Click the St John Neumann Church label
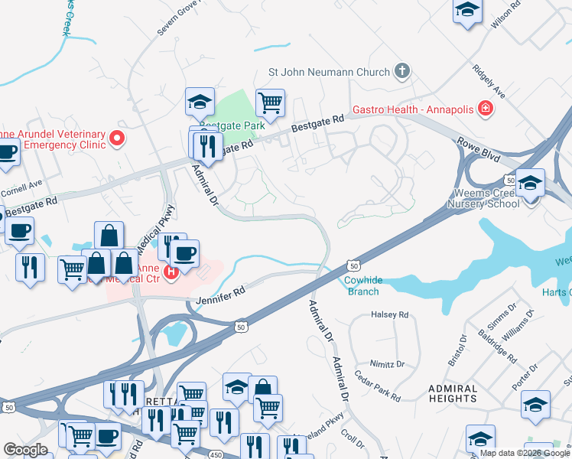(x=329, y=73)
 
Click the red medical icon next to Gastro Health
(x=484, y=110)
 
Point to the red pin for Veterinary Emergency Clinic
(x=116, y=138)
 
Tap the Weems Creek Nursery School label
(x=498, y=197)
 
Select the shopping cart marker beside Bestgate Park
(x=270, y=102)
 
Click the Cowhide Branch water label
(x=363, y=286)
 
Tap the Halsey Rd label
(x=390, y=314)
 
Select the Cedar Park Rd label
(x=378, y=387)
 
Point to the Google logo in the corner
(x=25, y=450)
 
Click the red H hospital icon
(x=172, y=271)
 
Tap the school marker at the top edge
(x=466, y=11)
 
